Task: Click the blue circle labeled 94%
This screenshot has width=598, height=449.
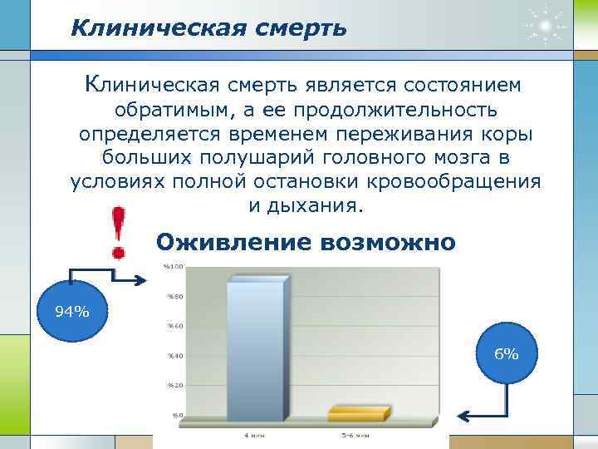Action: [x=71, y=311]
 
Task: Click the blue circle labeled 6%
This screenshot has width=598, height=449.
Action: [x=506, y=353]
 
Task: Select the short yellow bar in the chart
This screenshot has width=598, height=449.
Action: [x=358, y=413]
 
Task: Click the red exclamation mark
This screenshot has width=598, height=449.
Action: [x=120, y=232]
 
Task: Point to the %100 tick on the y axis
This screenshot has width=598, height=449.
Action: [x=174, y=266]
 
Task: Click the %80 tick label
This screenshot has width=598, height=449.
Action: [x=175, y=296]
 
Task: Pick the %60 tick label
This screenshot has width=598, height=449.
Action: [x=175, y=326]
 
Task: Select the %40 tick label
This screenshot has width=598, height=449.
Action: [x=175, y=356]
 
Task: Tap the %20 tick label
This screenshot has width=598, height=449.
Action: [x=175, y=385]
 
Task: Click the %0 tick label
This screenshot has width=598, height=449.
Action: [x=177, y=414]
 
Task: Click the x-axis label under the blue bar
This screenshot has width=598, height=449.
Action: [x=255, y=435]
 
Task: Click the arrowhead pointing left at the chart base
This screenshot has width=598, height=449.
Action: [x=464, y=417]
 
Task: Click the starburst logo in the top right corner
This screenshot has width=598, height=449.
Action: [x=546, y=27]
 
